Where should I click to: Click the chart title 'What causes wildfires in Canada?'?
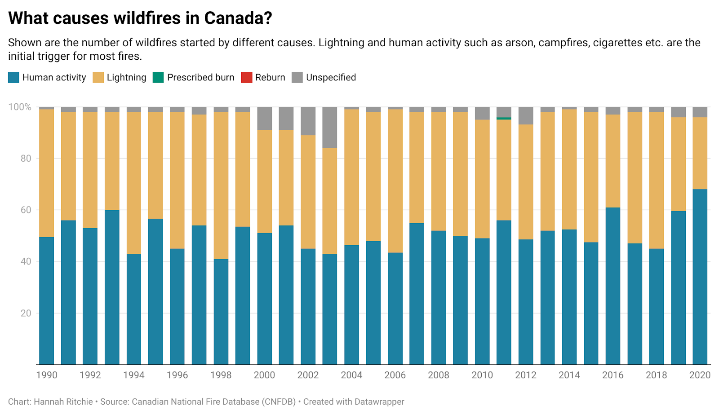[140, 18]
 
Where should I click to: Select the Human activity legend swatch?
[13, 77]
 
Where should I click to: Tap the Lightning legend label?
[126, 77]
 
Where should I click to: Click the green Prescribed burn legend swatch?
[158, 77]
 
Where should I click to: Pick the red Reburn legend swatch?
[247, 77]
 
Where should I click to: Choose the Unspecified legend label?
[331, 77]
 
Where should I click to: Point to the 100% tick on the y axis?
[20, 107]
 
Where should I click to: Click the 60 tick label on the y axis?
[26, 210]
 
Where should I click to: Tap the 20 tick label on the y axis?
[26, 313]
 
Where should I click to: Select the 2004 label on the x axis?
[351, 375]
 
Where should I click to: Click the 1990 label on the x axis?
[47, 375]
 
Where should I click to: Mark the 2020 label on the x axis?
[700, 375]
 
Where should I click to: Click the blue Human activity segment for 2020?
[700, 276]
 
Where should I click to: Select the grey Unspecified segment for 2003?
[329, 127]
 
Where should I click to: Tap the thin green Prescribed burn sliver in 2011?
[504, 118]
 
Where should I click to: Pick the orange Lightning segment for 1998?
[221, 185]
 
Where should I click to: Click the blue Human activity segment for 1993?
[112, 287]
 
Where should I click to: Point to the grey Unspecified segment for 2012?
[526, 115]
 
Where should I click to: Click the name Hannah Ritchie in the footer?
[63, 402]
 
